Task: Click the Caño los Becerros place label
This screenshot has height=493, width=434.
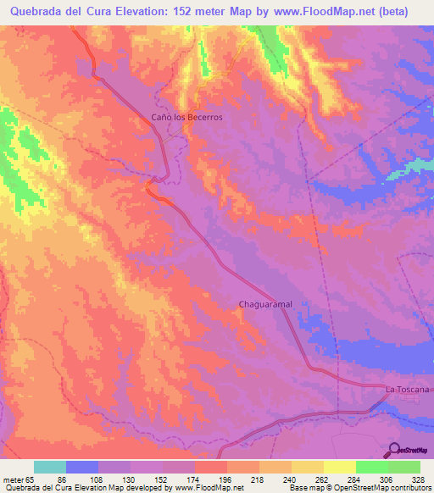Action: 186,117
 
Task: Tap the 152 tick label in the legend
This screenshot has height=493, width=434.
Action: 164,479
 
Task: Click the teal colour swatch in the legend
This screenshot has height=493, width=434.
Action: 50,467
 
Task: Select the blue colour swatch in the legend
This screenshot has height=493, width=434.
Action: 82,467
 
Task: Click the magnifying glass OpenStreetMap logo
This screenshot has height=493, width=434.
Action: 395,449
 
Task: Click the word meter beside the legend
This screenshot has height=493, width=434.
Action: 12,479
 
